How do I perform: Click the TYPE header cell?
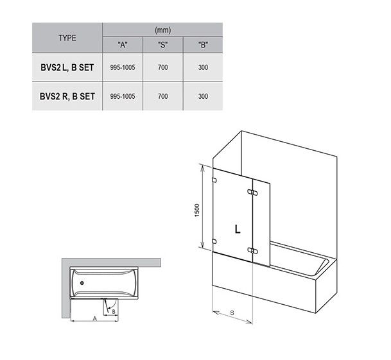click(67, 38)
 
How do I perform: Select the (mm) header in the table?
click(163, 30)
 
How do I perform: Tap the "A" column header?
click(123, 45)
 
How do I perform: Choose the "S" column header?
click(163, 45)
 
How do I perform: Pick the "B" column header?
click(203, 45)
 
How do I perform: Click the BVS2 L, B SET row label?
click(67, 67)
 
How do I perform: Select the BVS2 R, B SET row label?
click(67, 96)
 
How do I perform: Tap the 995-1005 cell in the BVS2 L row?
click(123, 67)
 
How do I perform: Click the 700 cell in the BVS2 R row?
click(163, 96)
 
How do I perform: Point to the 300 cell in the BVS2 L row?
click(203, 67)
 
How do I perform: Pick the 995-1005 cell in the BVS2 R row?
click(123, 96)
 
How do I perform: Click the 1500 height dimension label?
click(197, 210)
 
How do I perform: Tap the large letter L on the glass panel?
click(238, 228)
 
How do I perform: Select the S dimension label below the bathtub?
click(232, 313)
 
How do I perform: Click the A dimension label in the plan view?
click(95, 319)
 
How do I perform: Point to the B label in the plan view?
click(114, 311)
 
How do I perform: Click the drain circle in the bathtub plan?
click(82, 283)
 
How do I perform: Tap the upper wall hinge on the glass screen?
click(214, 180)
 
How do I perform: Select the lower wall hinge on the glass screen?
click(214, 241)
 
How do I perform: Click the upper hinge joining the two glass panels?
click(252, 193)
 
